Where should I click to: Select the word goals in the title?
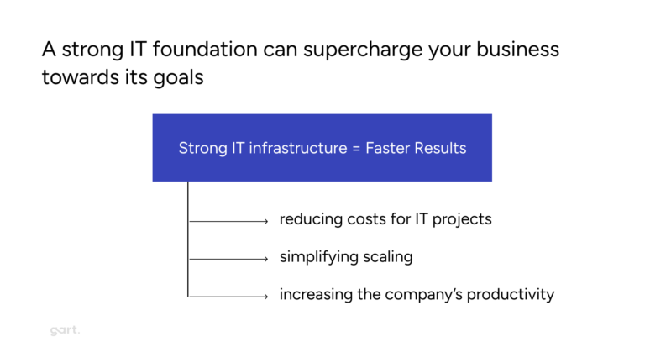[180, 78]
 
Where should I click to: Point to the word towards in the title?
[78, 77]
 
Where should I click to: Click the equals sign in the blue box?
[354, 148]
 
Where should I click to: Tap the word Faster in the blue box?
[390, 148]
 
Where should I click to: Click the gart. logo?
[64, 331]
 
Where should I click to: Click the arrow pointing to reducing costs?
[228, 221]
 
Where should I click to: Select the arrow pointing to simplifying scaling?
[228, 259]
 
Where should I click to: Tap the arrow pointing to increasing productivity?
[228, 296]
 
